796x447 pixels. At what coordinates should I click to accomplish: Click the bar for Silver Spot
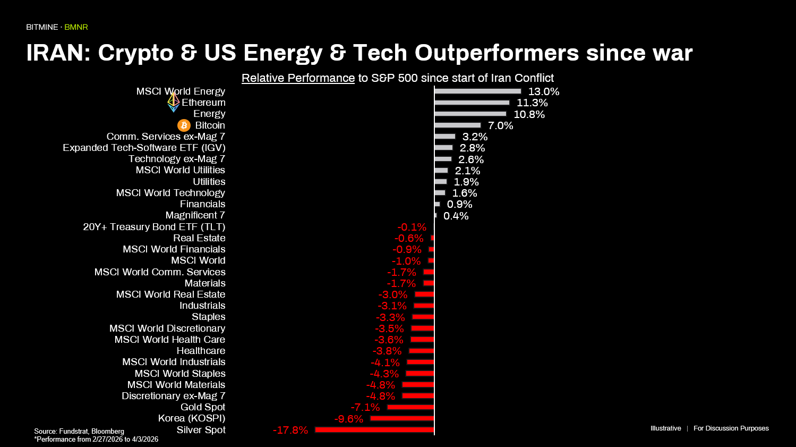coord(374,429)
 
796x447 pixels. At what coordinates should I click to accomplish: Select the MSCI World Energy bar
coord(477,91)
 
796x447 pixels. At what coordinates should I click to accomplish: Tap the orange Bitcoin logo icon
coord(184,125)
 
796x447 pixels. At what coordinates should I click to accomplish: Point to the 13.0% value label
coord(543,92)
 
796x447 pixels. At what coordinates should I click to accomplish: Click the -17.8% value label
coord(290,430)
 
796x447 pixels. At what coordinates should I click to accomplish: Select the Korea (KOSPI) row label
coord(192,418)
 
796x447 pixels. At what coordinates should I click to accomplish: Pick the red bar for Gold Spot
coord(410,407)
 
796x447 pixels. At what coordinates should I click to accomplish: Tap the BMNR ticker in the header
coord(76,27)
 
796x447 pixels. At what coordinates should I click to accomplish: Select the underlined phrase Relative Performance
coord(298,78)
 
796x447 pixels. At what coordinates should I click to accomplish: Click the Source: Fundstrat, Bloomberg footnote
coord(79,431)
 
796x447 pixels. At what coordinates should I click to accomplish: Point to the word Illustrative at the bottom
coord(665,428)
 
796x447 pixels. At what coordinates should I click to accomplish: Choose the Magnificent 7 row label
coord(195,215)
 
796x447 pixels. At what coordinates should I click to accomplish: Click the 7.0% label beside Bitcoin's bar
coord(500,126)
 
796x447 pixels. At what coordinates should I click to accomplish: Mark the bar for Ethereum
coord(472,103)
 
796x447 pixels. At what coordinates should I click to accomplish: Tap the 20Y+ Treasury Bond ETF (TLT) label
coord(154,227)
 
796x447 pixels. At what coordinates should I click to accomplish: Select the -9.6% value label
coord(348,419)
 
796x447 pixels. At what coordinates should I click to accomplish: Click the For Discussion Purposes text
coord(731,428)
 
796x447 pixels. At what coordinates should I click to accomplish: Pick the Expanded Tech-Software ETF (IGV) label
coord(144,148)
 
